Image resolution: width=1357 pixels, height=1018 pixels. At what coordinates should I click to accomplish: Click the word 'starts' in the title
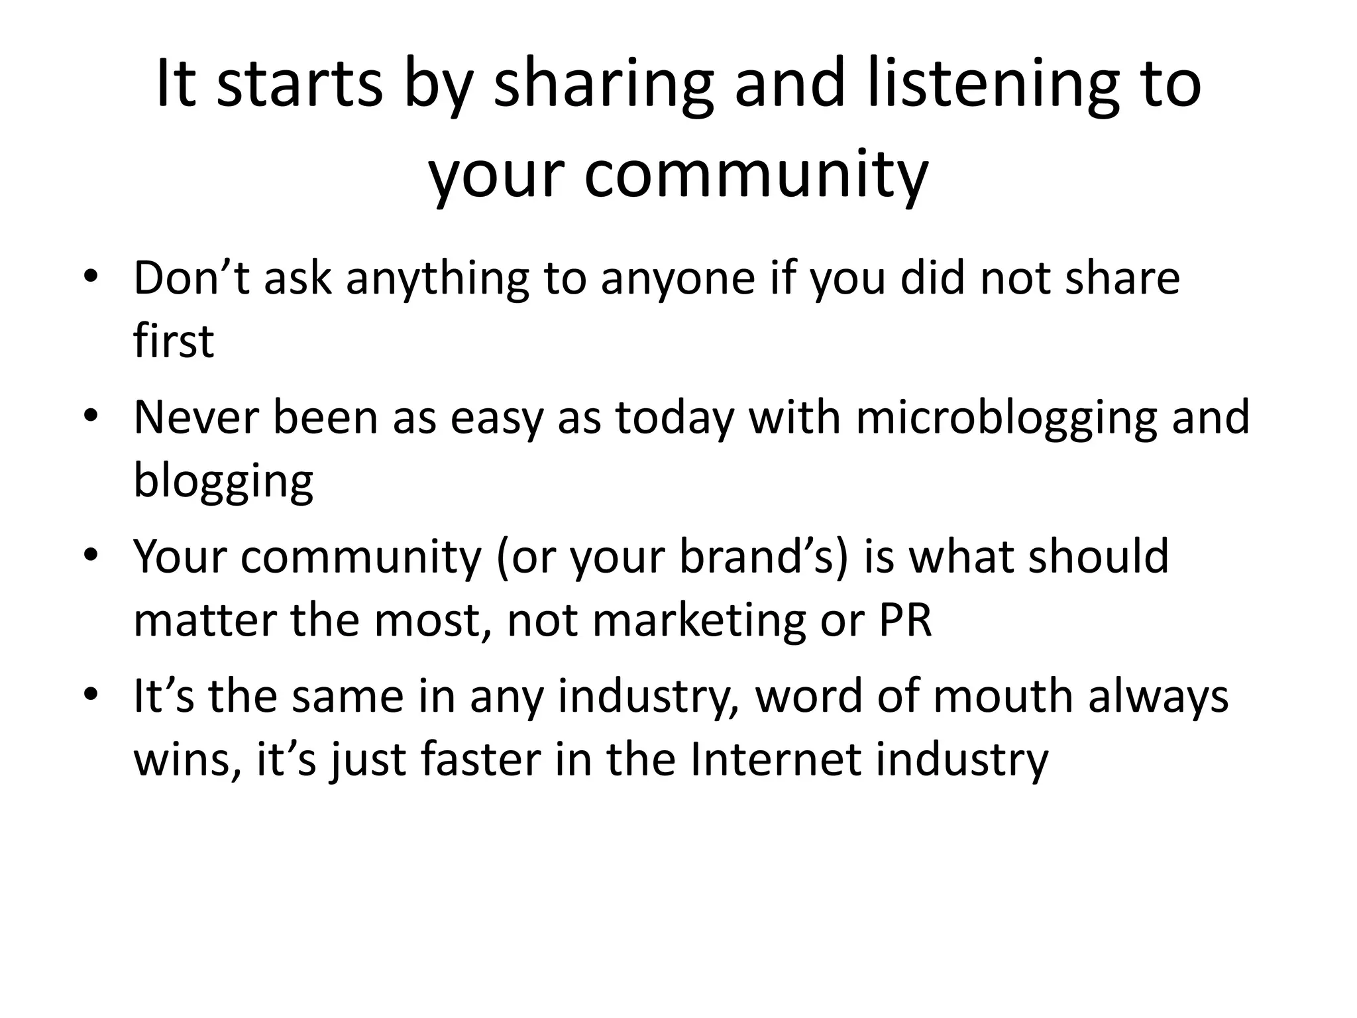tap(299, 85)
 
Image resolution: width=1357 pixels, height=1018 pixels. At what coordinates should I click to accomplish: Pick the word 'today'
tap(674, 418)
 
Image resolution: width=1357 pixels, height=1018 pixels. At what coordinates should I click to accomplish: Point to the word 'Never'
tap(195, 418)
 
